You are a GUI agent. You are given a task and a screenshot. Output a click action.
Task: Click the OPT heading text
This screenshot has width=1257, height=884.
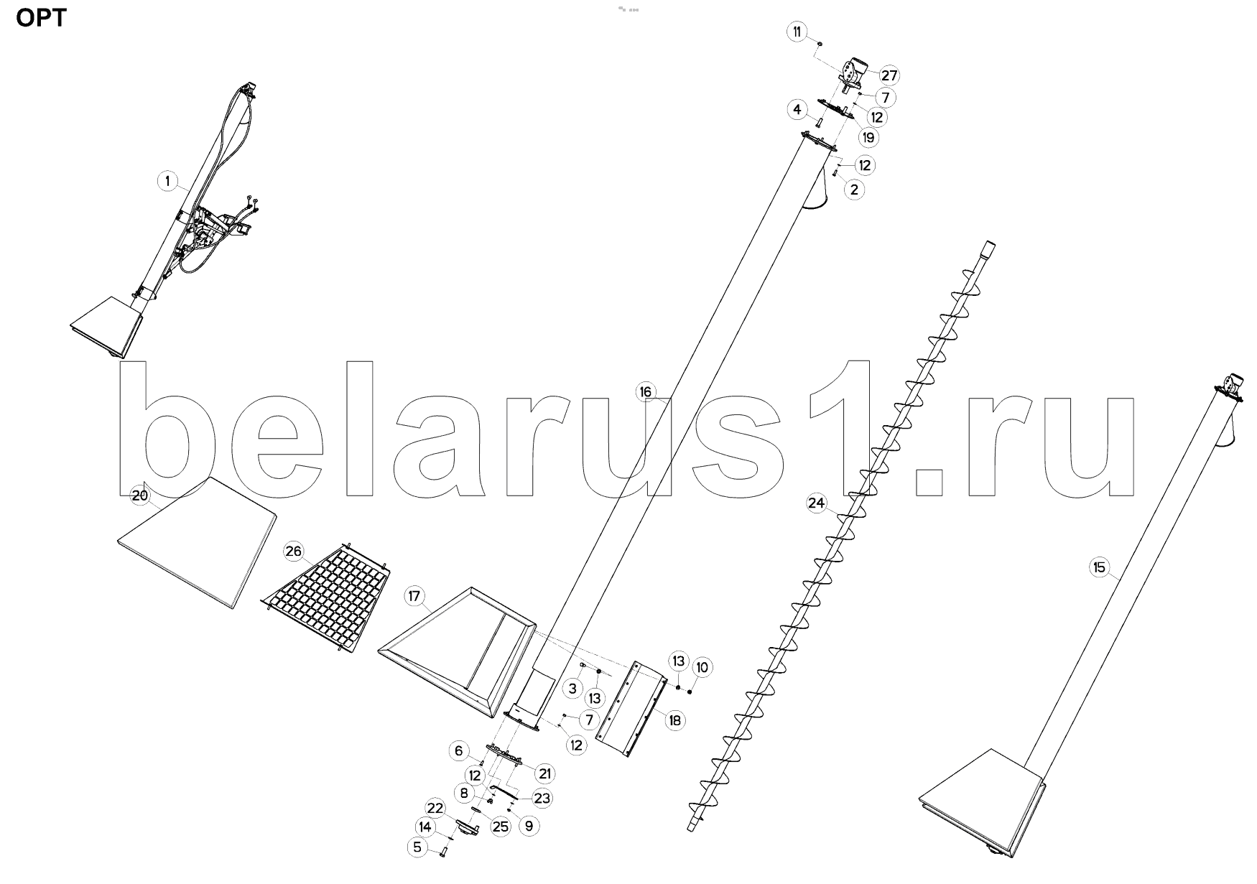pyautogui.click(x=42, y=17)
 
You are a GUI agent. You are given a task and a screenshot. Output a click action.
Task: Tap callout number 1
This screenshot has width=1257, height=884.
pyautogui.click(x=168, y=181)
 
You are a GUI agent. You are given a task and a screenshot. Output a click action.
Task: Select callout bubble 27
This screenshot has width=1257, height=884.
pyautogui.click(x=890, y=75)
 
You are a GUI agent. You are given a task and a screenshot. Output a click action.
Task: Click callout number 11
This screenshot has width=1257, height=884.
pyautogui.click(x=796, y=32)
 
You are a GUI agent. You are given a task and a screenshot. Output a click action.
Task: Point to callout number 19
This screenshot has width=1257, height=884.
pyautogui.click(x=868, y=137)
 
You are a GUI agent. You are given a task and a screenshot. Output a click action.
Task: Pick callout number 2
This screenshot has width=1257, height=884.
pyautogui.click(x=854, y=190)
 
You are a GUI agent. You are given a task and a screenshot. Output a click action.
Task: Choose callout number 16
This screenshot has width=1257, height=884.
pyautogui.click(x=646, y=391)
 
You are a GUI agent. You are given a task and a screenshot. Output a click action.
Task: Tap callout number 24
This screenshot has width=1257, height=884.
pyautogui.click(x=817, y=503)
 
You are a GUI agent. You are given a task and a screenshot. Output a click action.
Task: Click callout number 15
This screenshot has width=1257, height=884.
pyautogui.click(x=1099, y=567)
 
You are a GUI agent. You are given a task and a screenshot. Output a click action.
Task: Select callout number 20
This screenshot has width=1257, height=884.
pyautogui.click(x=139, y=495)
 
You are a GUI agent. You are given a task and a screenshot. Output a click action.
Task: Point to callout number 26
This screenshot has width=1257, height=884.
pyautogui.click(x=293, y=552)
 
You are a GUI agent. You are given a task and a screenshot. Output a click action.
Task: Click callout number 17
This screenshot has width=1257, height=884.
pyautogui.click(x=414, y=596)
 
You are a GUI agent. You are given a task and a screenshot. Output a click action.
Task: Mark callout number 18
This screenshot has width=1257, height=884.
pyautogui.click(x=675, y=720)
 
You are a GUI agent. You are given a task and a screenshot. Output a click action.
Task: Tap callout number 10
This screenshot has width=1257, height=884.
pyautogui.click(x=702, y=667)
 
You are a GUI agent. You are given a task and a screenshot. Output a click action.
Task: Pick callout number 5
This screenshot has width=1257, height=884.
pyautogui.click(x=417, y=847)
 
